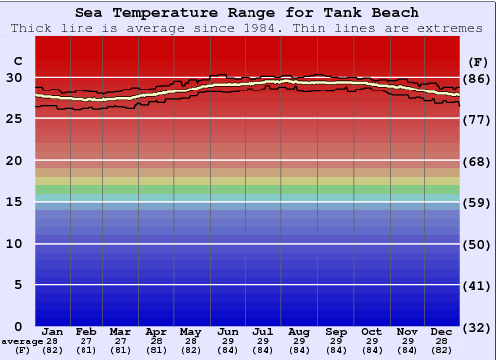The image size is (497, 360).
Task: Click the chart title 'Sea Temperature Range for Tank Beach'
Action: point(247,13)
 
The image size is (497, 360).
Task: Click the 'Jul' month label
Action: point(263,332)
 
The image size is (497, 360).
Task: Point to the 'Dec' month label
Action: point(442,332)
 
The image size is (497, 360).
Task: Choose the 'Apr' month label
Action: point(157,332)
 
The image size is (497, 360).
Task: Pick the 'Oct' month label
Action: point(371,332)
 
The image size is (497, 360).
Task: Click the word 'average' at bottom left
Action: point(21,341)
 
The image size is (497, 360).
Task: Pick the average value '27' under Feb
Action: point(86,341)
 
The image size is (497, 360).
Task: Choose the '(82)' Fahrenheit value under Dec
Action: point(442,350)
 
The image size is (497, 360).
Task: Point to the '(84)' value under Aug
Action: point(299,350)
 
